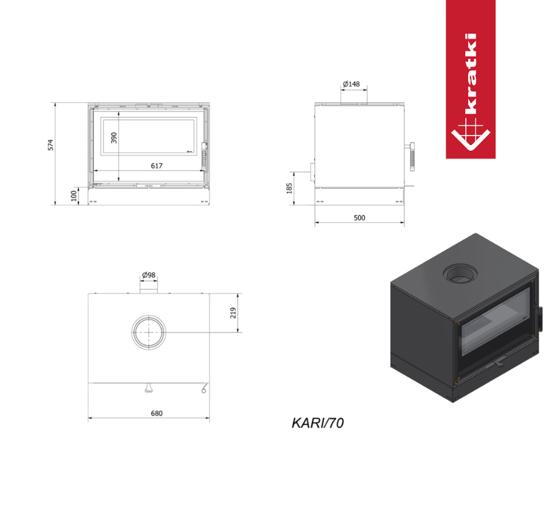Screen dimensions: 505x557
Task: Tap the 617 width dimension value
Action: (157, 166)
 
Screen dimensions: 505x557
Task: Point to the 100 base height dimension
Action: (74, 194)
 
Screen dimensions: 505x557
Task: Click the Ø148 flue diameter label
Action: (351, 84)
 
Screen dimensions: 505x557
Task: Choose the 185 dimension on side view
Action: (289, 188)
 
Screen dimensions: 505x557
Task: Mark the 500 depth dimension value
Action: (359, 218)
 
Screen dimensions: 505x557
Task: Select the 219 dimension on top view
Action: (233, 313)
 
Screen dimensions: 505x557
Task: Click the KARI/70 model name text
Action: (317, 423)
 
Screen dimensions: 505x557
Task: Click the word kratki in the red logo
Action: (471, 74)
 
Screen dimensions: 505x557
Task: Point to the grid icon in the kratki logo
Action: (470, 134)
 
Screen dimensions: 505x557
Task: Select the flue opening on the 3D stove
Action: (458, 274)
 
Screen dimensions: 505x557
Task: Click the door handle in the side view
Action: (412, 155)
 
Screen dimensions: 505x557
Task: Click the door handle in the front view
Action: (204, 155)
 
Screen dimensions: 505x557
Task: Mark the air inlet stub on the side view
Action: (312, 172)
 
